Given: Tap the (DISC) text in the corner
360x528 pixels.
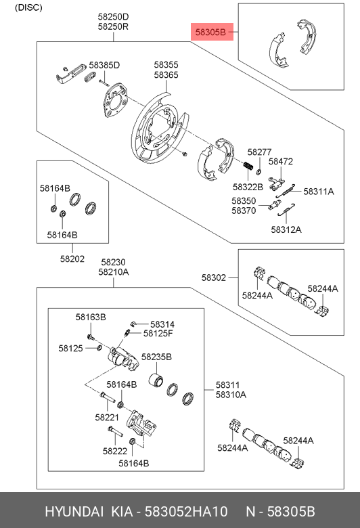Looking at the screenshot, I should (28, 7).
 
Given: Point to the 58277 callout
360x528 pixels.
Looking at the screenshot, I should (258, 152).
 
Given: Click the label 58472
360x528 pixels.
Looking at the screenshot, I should (280, 162).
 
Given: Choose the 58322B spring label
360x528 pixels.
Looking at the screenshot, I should (247, 186).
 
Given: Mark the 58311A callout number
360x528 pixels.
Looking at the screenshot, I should (318, 192).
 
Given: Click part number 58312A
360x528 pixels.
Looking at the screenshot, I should (286, 229).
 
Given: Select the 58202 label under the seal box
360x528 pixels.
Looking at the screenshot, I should (72, 258).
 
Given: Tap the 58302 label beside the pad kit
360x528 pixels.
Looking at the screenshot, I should (214, 277).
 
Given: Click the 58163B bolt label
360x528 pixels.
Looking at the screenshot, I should (91, 317).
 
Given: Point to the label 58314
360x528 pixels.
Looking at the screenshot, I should (162, 324).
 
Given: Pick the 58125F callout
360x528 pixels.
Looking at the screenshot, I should (158, 333).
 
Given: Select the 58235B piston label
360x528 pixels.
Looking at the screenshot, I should (156, 357).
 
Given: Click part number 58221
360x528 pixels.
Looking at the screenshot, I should (107, 417).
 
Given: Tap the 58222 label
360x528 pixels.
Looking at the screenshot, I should (115, 450).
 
